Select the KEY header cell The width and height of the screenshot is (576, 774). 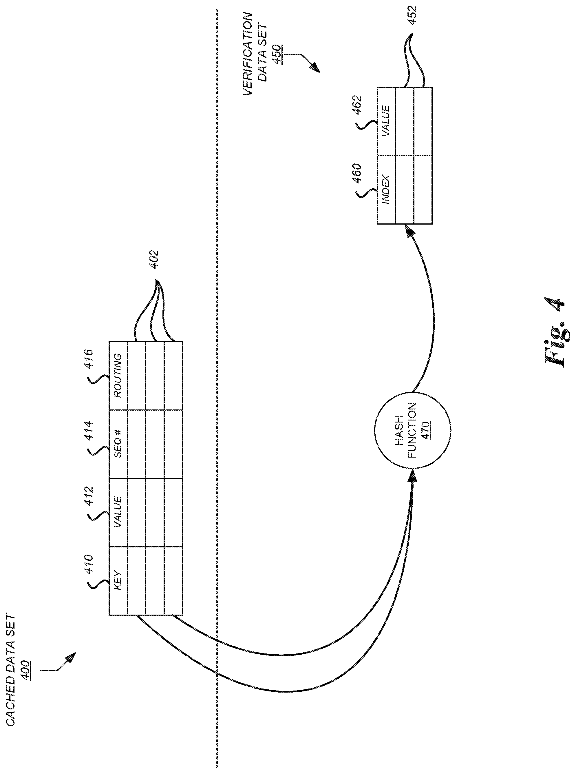click(118, 580)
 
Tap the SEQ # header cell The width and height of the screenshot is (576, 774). click(118, 444)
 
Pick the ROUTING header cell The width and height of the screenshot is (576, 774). click(118, 375)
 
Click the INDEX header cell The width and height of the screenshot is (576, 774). click(386, 190)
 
